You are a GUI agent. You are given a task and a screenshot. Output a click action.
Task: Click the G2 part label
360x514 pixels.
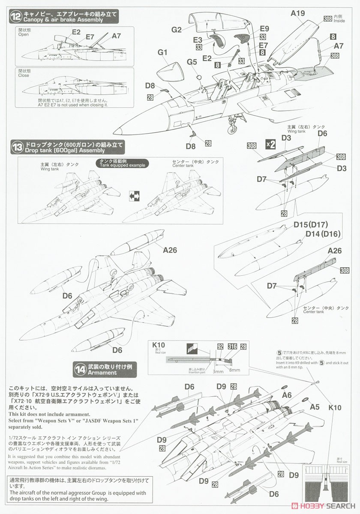pyautogui.click(x=177, y=30)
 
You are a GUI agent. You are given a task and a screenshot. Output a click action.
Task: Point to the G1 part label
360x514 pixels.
pyautogui.click(x=162, y=53)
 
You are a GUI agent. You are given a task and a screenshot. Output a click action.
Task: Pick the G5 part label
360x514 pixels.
pyautogui.click(x=192, y=62)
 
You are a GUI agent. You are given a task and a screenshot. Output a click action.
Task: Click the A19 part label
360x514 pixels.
pyautogui.click(x=297, y=13)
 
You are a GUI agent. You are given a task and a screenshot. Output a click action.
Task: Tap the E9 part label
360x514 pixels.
pyautogui.click(x=264, y=29)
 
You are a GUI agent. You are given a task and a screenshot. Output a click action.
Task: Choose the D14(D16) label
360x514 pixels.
pyautogui.click(x=319, y=234)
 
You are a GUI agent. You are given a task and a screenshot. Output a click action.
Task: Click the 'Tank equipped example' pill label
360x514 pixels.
pyautogui.click(x=122, y=163)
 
